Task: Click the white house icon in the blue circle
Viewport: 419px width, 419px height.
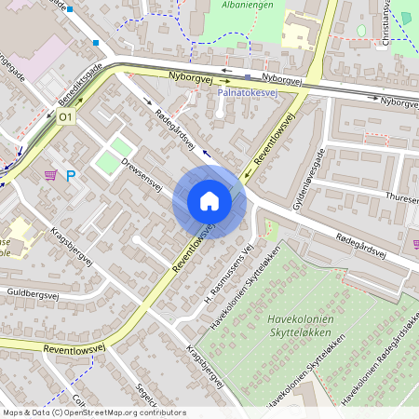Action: pos(209,201)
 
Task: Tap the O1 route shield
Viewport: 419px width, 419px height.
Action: pos(65,117)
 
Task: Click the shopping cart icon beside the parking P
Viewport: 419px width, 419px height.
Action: pos(50,174)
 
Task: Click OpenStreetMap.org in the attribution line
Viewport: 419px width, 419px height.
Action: pos(112,412)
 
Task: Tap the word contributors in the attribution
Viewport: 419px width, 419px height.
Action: pos(164,412)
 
